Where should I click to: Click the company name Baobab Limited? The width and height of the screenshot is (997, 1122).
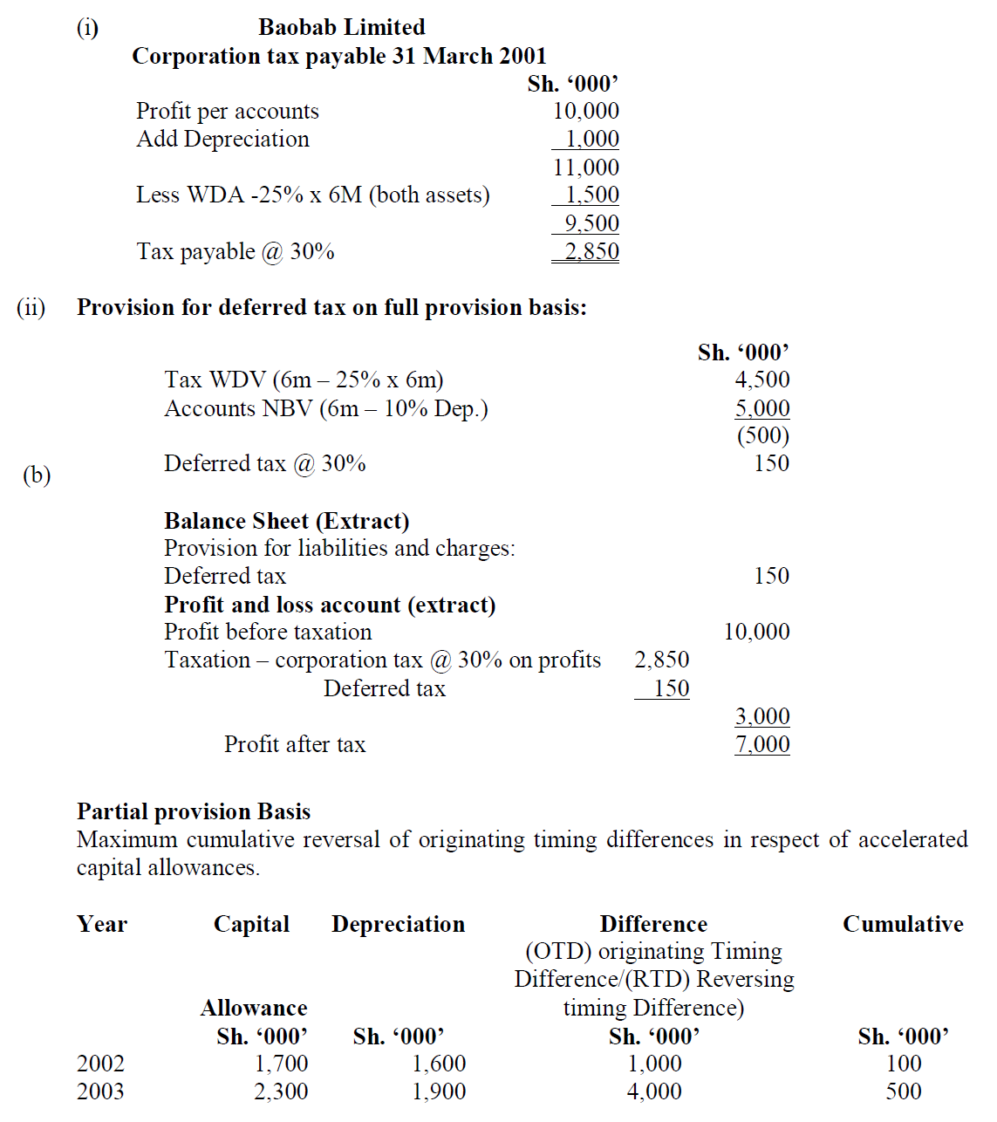click(342, 27)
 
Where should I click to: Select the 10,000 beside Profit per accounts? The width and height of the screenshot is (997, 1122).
click(585, 111)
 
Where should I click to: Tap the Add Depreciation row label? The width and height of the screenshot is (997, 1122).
click(222, 139)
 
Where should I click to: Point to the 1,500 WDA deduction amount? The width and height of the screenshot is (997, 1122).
click(591, 195)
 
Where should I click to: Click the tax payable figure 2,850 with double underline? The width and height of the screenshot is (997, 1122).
click(591, 251)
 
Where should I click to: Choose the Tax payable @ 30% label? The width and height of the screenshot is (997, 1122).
click(236, 251)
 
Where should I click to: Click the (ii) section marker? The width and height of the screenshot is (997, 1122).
click(31, 307)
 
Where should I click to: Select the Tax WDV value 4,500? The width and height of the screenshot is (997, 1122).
click(761, 380)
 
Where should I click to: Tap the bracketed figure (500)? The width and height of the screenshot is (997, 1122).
click(762, 435)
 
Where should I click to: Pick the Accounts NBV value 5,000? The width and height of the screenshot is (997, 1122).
click(761, 407)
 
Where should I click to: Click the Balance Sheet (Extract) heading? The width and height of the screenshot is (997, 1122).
click(287, 521)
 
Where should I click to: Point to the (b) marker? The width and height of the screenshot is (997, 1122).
click(37, 475)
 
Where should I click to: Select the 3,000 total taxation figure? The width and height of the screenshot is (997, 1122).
click(761, 716)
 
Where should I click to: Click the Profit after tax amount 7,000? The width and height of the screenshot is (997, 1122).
click(761, 744)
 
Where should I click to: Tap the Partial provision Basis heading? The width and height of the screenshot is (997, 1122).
click(194, 811)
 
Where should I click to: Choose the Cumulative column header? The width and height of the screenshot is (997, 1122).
click(903, 924)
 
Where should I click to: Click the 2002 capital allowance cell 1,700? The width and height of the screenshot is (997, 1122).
click(281, 1064)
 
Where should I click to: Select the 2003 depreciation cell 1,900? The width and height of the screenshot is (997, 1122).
click(439, 1091)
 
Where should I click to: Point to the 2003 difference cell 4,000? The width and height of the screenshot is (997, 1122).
click(654, 1091)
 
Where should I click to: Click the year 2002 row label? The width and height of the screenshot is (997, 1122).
click(100, 1064)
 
